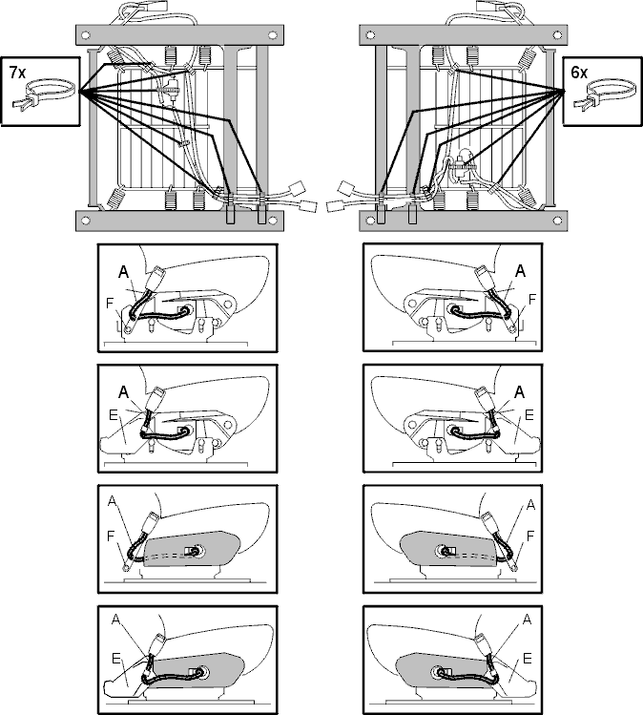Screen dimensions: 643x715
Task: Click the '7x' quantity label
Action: tap(18, 72)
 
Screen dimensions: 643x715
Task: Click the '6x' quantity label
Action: tap(579, 72)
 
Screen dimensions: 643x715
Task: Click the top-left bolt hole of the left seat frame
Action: tap(87, 35)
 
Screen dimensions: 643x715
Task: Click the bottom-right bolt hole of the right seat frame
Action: tap(557, 221)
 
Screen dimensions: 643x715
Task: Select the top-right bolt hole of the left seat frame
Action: tap(273, 35)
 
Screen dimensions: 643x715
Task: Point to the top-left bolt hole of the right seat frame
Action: tap(370, 35)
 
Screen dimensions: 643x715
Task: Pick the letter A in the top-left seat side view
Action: tap(123, 272)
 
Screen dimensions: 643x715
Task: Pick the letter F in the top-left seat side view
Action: tap(110, 304)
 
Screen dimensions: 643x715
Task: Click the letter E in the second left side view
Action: tap(114, 415)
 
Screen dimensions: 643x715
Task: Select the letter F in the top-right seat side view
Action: tap(531, 300)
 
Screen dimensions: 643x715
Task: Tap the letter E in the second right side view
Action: tap(529, 415)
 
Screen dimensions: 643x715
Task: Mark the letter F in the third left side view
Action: tap(111, 536)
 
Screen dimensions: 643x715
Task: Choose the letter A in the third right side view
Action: tap(530, 505)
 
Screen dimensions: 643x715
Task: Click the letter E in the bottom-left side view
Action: tap(115, 659)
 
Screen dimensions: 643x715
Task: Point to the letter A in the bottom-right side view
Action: tap(528, 620)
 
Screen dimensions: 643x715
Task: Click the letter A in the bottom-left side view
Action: tap(115, 620)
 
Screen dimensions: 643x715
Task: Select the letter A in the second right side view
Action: tap(520, 392)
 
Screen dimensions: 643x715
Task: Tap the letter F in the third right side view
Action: tap(530, 536)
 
